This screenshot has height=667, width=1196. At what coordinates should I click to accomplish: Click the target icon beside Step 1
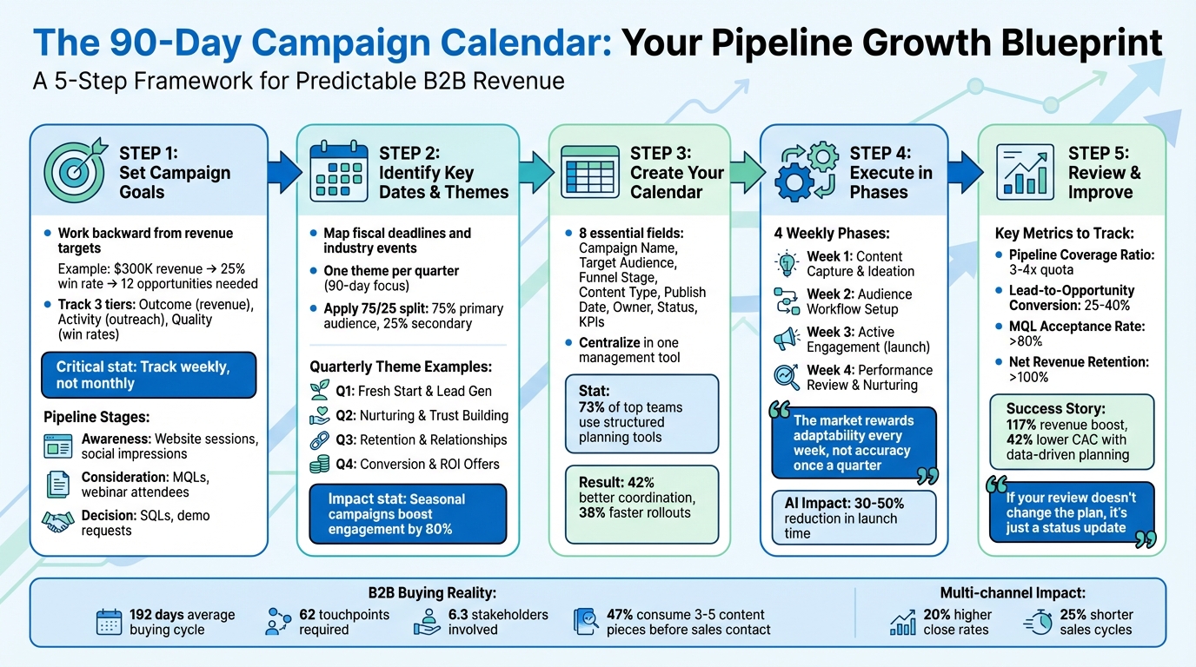(x=76, y=171)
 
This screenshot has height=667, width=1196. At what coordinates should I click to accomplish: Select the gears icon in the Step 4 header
(x=807, y=171)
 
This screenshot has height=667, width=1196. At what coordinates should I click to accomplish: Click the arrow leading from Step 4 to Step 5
(x=963, y=170)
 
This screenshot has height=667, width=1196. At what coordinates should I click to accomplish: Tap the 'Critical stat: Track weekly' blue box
(x=149, y=374)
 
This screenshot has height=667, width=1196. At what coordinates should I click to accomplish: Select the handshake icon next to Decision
(x=59, y=523)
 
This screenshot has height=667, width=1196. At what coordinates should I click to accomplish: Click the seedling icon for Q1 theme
(x=319, y=392)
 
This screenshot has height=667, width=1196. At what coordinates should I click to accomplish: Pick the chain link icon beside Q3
(x=319, y=439)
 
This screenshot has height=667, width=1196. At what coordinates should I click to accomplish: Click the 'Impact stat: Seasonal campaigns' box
(x=408, y=513)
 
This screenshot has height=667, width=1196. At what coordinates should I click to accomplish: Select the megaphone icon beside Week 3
(x=787, y=339)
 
